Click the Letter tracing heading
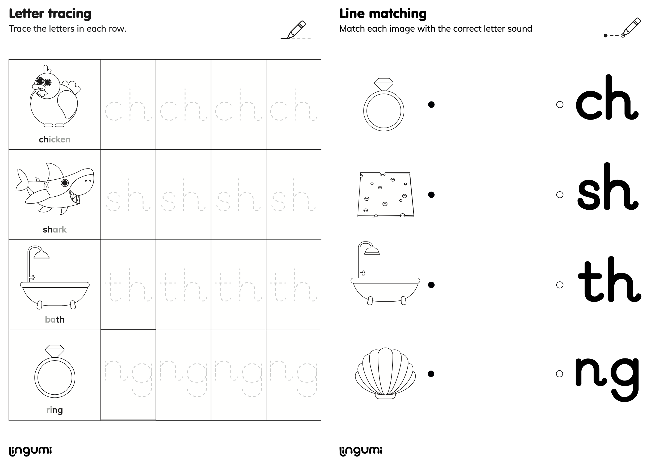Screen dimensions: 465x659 point(50,14)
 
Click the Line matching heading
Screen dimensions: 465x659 point(383,14)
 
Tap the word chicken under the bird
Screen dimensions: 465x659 point(55,139)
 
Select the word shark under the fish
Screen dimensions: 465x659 point(55,230)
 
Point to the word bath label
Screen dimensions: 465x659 point(55,320)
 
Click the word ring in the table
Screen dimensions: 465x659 point(55,410)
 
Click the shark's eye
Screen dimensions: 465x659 point(65,183)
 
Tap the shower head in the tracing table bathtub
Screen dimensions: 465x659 point(41,255)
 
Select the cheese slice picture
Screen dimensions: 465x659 point(385,195)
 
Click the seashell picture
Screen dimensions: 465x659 point(385,373)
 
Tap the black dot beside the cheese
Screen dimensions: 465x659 point(431,195)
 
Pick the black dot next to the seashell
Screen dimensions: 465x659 point(431,374)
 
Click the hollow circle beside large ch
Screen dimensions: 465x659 point(560,105)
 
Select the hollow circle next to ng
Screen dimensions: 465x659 point(559,374)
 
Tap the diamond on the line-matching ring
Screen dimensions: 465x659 point(384,84)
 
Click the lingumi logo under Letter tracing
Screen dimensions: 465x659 point(30,451)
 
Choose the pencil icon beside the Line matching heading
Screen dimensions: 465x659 point(631,27)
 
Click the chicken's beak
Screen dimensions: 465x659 point(37,87)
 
